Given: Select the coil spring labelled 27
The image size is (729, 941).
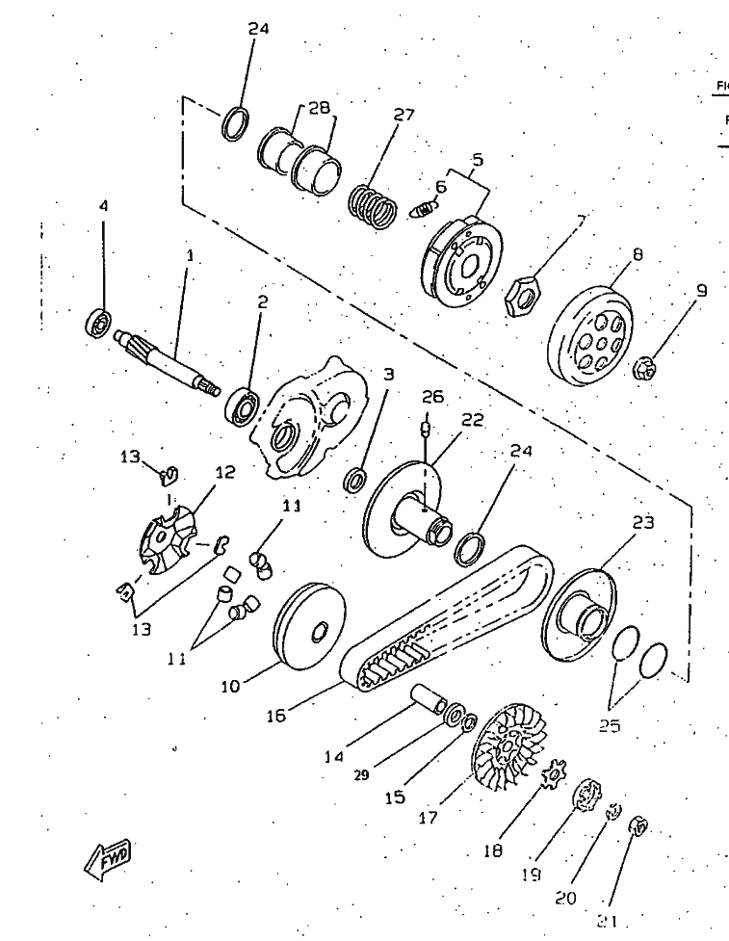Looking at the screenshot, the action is click(x=372, y=205).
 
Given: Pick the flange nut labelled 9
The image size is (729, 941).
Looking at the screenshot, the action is click(x=647, y=367).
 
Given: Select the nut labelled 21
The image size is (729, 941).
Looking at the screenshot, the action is click(x=637, y=826).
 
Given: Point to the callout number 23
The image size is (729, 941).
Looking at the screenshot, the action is click(x=642, y=523).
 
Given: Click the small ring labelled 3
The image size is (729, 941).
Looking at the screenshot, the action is click(x=355, y=479).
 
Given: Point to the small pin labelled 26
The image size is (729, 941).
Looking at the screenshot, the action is click(x=424, y=426).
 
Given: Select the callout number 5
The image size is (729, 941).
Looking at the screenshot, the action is click(x=477, y=160).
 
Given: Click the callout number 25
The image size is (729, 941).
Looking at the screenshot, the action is click(x=610, y=726).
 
